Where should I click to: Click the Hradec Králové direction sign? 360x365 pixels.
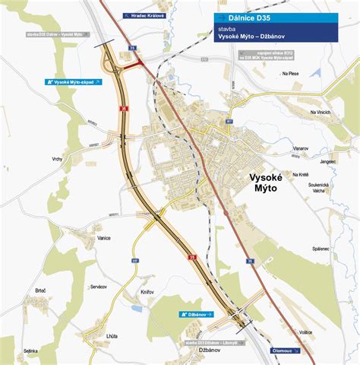point(144,15)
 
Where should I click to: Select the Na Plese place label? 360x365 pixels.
point(292,74)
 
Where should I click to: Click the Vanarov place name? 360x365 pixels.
point(300,149)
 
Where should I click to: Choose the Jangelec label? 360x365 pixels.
point(327,161)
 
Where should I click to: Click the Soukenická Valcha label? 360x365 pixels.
point(317,188)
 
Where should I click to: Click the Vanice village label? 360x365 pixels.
point(104,238)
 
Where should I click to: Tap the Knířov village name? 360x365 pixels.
point(147,292)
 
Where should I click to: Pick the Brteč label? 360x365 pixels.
point(41,290)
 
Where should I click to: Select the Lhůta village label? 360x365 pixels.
point(112,335)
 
